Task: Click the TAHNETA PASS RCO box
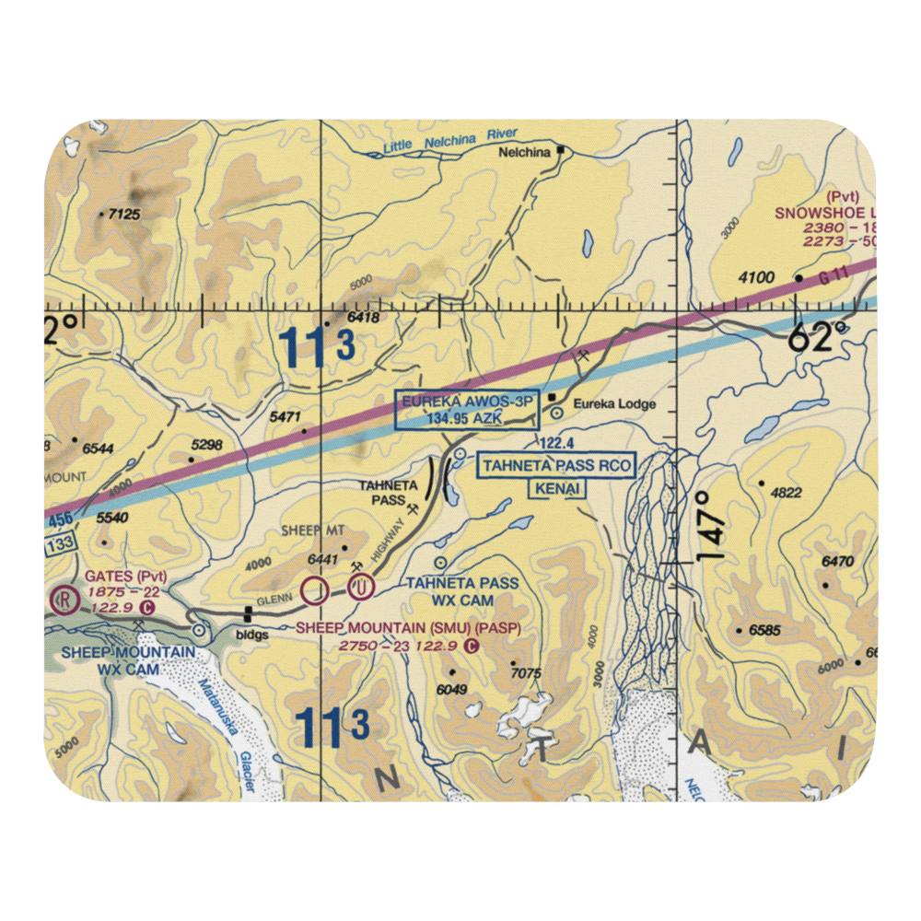click(556, 466)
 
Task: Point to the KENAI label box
click(556, 490)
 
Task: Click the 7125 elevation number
click(123, 215)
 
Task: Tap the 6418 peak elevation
click(364, 318)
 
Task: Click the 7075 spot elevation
click(525, 673)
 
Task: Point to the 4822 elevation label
click(786, 493)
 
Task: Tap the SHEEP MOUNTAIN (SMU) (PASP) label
click(408, 629)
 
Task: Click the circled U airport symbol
click(362, 585)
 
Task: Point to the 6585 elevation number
click(764, 632)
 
